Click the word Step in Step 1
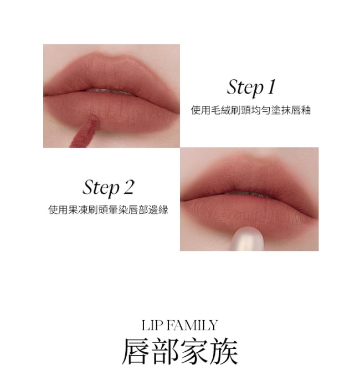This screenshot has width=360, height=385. [x=245, y=87]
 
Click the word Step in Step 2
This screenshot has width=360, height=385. [x=101, y=188]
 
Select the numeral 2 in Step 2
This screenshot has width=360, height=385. [x=128, y=187]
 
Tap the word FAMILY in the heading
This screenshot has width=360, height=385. [x=192, y=325]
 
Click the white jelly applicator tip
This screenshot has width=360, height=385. [x=247, y=239]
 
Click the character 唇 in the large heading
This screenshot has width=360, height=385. [x=136, y=351]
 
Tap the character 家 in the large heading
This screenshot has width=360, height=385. [x=194, y=351]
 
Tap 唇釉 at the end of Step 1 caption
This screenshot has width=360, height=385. [x=301, y=110]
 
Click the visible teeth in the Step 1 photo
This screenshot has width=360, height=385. [x=111, y=92]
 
